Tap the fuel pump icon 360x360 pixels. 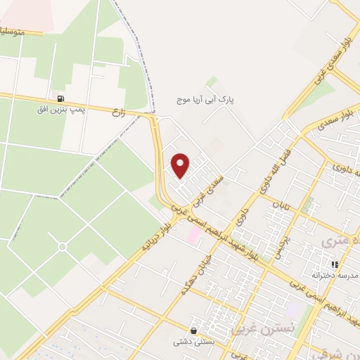tap(62, 99)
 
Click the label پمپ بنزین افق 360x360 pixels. tap(62, 110)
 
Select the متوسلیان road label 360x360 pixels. tap(19, 31)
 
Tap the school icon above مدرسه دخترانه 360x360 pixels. tap(335, 264)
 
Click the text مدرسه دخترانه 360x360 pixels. tap(333, 275)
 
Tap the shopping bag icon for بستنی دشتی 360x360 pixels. tap(193, 330)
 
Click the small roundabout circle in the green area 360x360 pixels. tap(63, 247)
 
